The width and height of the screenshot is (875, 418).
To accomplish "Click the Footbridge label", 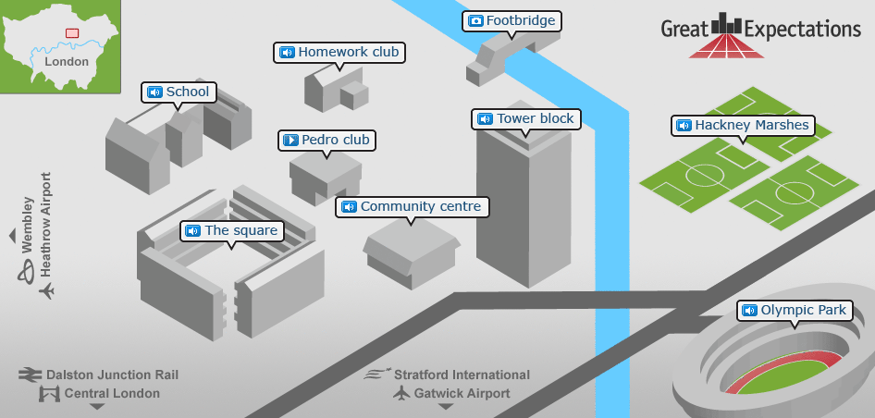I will (x=511, y=20).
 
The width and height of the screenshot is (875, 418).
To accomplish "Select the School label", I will (x=179, y=92).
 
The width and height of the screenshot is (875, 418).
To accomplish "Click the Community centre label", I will (x=412, y=207).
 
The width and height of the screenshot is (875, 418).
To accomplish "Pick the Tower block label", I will (x=525, y=118).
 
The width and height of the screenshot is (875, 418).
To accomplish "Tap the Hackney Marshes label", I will (x=743, y=125).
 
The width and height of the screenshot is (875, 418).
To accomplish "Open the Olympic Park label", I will (x=794, y=311).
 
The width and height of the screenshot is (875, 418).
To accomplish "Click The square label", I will (x=231, y=230).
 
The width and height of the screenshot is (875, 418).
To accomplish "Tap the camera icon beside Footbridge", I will (x=475, y=20).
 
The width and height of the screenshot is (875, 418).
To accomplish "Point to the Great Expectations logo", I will (x=760, y=35).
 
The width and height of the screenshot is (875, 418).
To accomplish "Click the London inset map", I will (x=60, y=46).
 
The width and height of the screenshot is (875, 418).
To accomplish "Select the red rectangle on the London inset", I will (x=72, y=32).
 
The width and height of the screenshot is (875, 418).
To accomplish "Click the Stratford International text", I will (x=462, y=375).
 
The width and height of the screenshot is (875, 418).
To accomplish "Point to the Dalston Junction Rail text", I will (x=112, y=375).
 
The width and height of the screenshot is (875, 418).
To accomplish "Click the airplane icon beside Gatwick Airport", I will (x=401, y=393).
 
